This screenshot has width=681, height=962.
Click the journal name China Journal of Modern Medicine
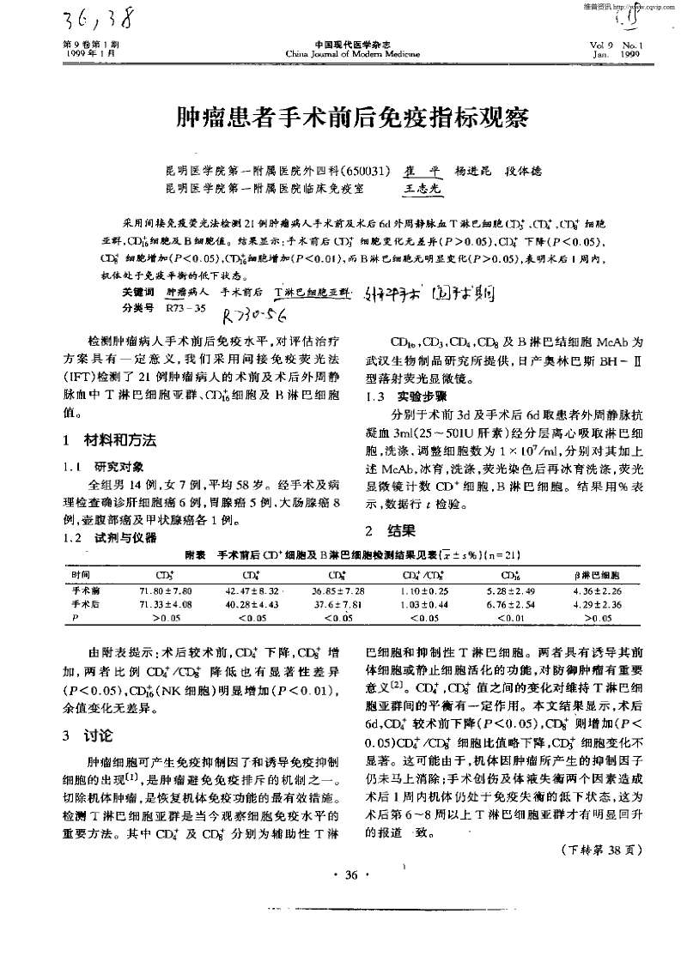pyautogui.click(x=341, y=53)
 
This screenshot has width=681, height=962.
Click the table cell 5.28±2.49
pyautogui.click(x=513, y=591)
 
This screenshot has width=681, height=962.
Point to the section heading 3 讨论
pyautogui.click(x=82, y=711)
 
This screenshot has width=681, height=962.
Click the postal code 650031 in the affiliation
pyautogui.click(x=371, y=170)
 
